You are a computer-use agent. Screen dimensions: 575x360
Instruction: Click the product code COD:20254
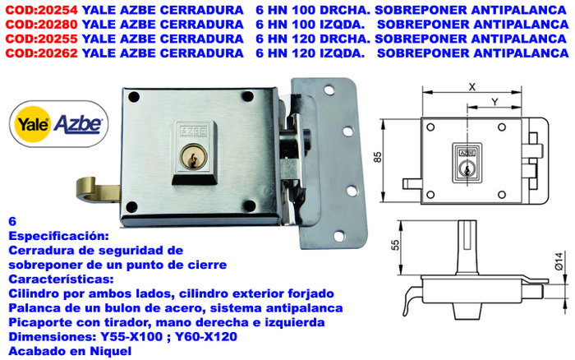(41, 11)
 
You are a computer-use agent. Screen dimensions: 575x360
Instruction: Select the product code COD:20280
(41, 25)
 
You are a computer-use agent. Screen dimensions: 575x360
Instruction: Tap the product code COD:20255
(41, 39)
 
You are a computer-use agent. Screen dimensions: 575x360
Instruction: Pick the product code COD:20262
(41, 53)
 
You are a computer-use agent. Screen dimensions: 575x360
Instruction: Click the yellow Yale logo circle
(33, 124)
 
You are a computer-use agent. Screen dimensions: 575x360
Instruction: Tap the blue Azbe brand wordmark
(78, 124)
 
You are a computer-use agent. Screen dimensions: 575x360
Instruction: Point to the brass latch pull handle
(97, 190)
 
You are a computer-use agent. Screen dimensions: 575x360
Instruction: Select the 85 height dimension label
(378, 157)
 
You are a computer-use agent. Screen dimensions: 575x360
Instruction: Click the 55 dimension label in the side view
(395, 245)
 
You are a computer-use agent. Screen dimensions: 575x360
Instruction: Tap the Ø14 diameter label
(559, 261)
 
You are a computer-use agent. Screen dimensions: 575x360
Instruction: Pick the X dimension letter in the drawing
(472, 87)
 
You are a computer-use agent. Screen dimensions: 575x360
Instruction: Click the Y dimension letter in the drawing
(494, 102)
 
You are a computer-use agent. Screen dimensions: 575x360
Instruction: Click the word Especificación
(58, 236)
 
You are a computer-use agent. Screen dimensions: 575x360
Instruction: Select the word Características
(61, 279)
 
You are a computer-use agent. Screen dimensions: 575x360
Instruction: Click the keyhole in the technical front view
(467, 169)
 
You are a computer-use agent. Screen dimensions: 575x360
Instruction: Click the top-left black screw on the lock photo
(134, 97)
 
